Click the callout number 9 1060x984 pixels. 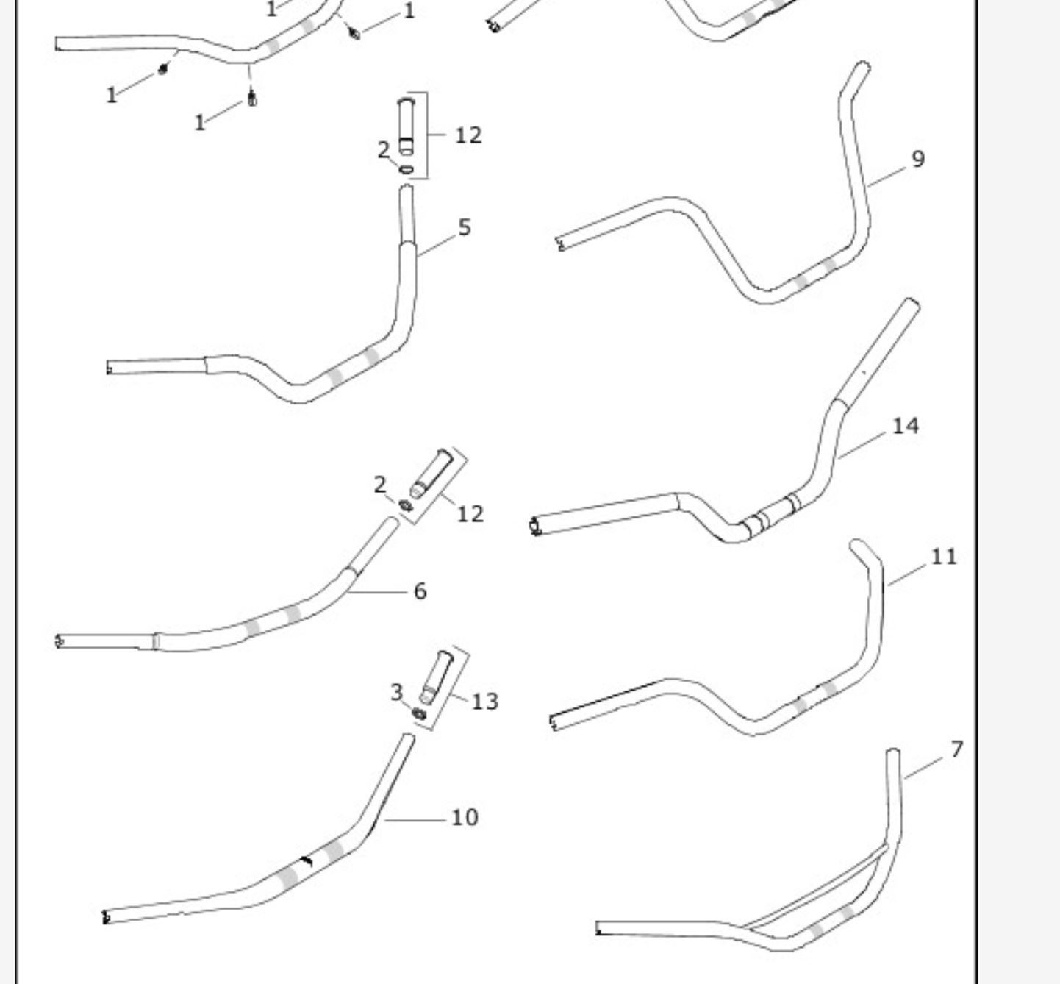(x=917, y=159)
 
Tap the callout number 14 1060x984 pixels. (x=905, y=426)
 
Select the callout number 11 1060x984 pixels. (x=944, y=557)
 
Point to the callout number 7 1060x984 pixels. (x=956, y=749)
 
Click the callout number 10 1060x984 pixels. (x=464, y=817)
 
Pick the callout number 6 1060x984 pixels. (x=420, y=591)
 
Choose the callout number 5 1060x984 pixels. (x=464, y=227)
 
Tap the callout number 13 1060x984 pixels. (x=484, y=702)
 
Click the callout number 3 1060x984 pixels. (x=396, y=692)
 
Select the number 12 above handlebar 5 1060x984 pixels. (x=468, y=135)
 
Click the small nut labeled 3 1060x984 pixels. (x=419, y=713)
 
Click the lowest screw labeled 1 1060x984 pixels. (x=252, y=98)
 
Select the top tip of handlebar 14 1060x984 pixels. (x=912, y=304)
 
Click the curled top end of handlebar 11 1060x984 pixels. (x=857, y=546)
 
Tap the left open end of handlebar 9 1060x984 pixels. (x=560, y=243)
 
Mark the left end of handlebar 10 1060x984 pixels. (x=107, y=917)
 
